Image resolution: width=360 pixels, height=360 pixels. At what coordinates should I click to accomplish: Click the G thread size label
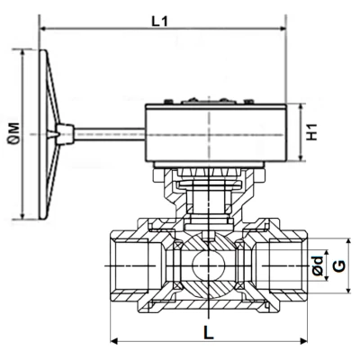coord(339,267)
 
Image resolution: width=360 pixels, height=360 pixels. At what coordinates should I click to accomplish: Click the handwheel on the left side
coord(50,132)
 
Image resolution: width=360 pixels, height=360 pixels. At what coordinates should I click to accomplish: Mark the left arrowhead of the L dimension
coord(114,341)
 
